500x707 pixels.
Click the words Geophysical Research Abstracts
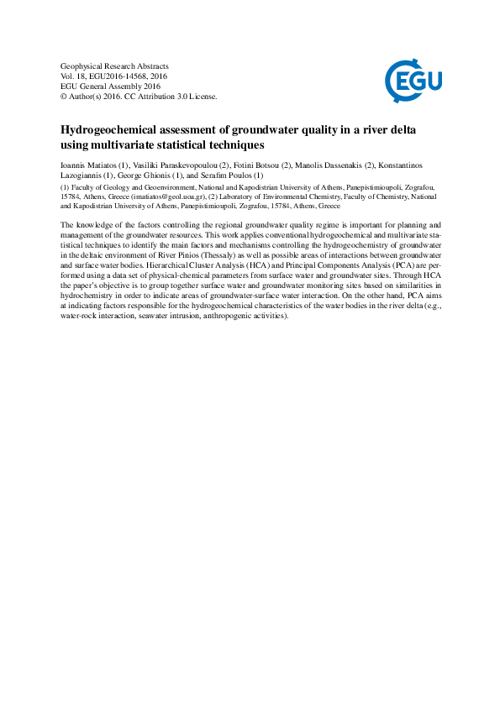(x=115, y=65)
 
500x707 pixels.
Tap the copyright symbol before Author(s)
(x=65, y=97)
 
